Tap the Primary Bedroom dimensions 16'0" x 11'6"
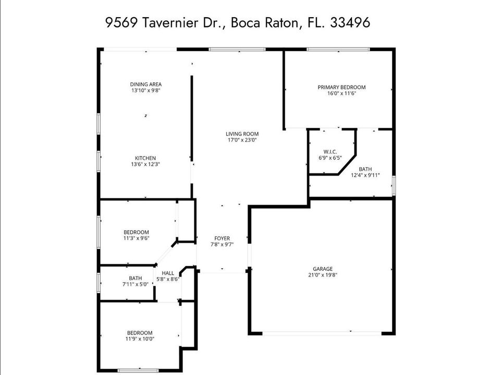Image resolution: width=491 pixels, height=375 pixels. pos(341,94)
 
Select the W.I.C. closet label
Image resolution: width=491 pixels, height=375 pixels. pos(330,152)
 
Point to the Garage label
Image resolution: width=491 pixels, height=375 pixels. pos(322,269)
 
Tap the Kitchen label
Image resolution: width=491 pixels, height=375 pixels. pos(145,158)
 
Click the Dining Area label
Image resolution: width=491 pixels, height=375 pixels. pos(145,84)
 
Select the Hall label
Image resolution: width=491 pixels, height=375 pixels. pos(168,273)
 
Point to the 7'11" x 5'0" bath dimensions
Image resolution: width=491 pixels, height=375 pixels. pos(136,284)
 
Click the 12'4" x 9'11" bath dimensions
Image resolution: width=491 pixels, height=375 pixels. pos(365,176)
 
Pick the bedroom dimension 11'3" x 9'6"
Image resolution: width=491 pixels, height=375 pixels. pos(136,239)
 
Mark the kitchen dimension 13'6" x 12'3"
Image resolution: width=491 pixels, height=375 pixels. pos(145,165)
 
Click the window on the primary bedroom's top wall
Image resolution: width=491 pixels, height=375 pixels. pos(338,49)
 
